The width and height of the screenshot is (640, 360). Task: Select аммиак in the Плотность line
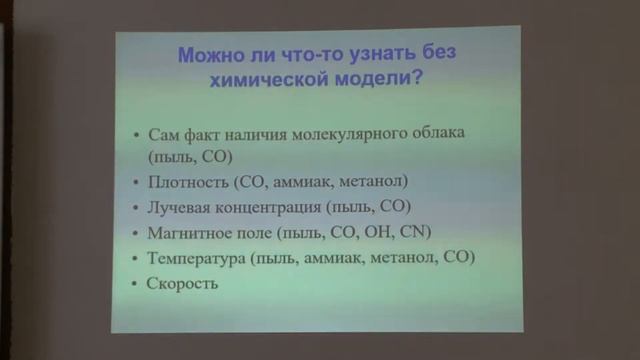tap(304, 182)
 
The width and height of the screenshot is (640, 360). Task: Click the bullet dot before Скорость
tap(136, 285)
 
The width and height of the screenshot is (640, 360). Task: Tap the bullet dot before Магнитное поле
tap(136, 234)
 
